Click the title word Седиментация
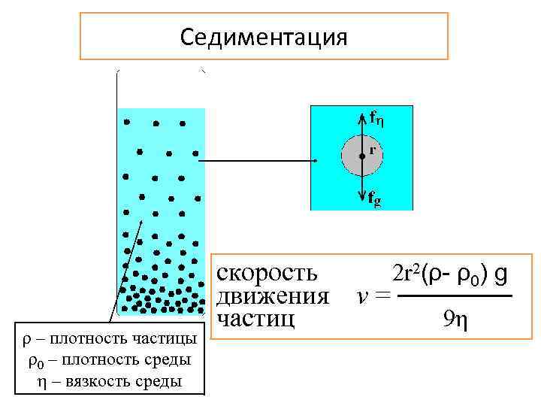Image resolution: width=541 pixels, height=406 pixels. click(264, 37)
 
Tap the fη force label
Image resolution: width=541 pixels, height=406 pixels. click(377, 117)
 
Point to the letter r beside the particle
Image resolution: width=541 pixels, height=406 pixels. click(372, 150)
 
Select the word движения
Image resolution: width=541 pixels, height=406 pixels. click(272, 295)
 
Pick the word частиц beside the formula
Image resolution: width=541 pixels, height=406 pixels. click(255, 318)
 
